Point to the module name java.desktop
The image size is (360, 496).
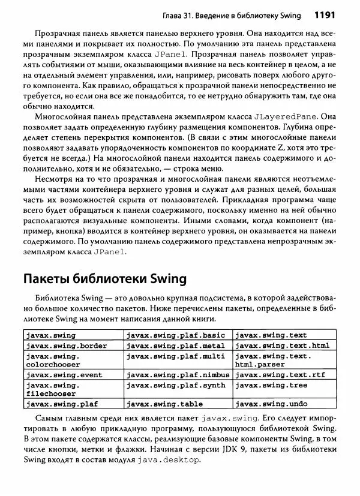(x=169, y=459)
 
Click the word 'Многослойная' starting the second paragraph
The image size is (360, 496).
(x=62, y=115)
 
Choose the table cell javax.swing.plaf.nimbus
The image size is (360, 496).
(x=178, y=375)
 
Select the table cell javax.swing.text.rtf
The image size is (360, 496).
(x=277, y=375)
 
